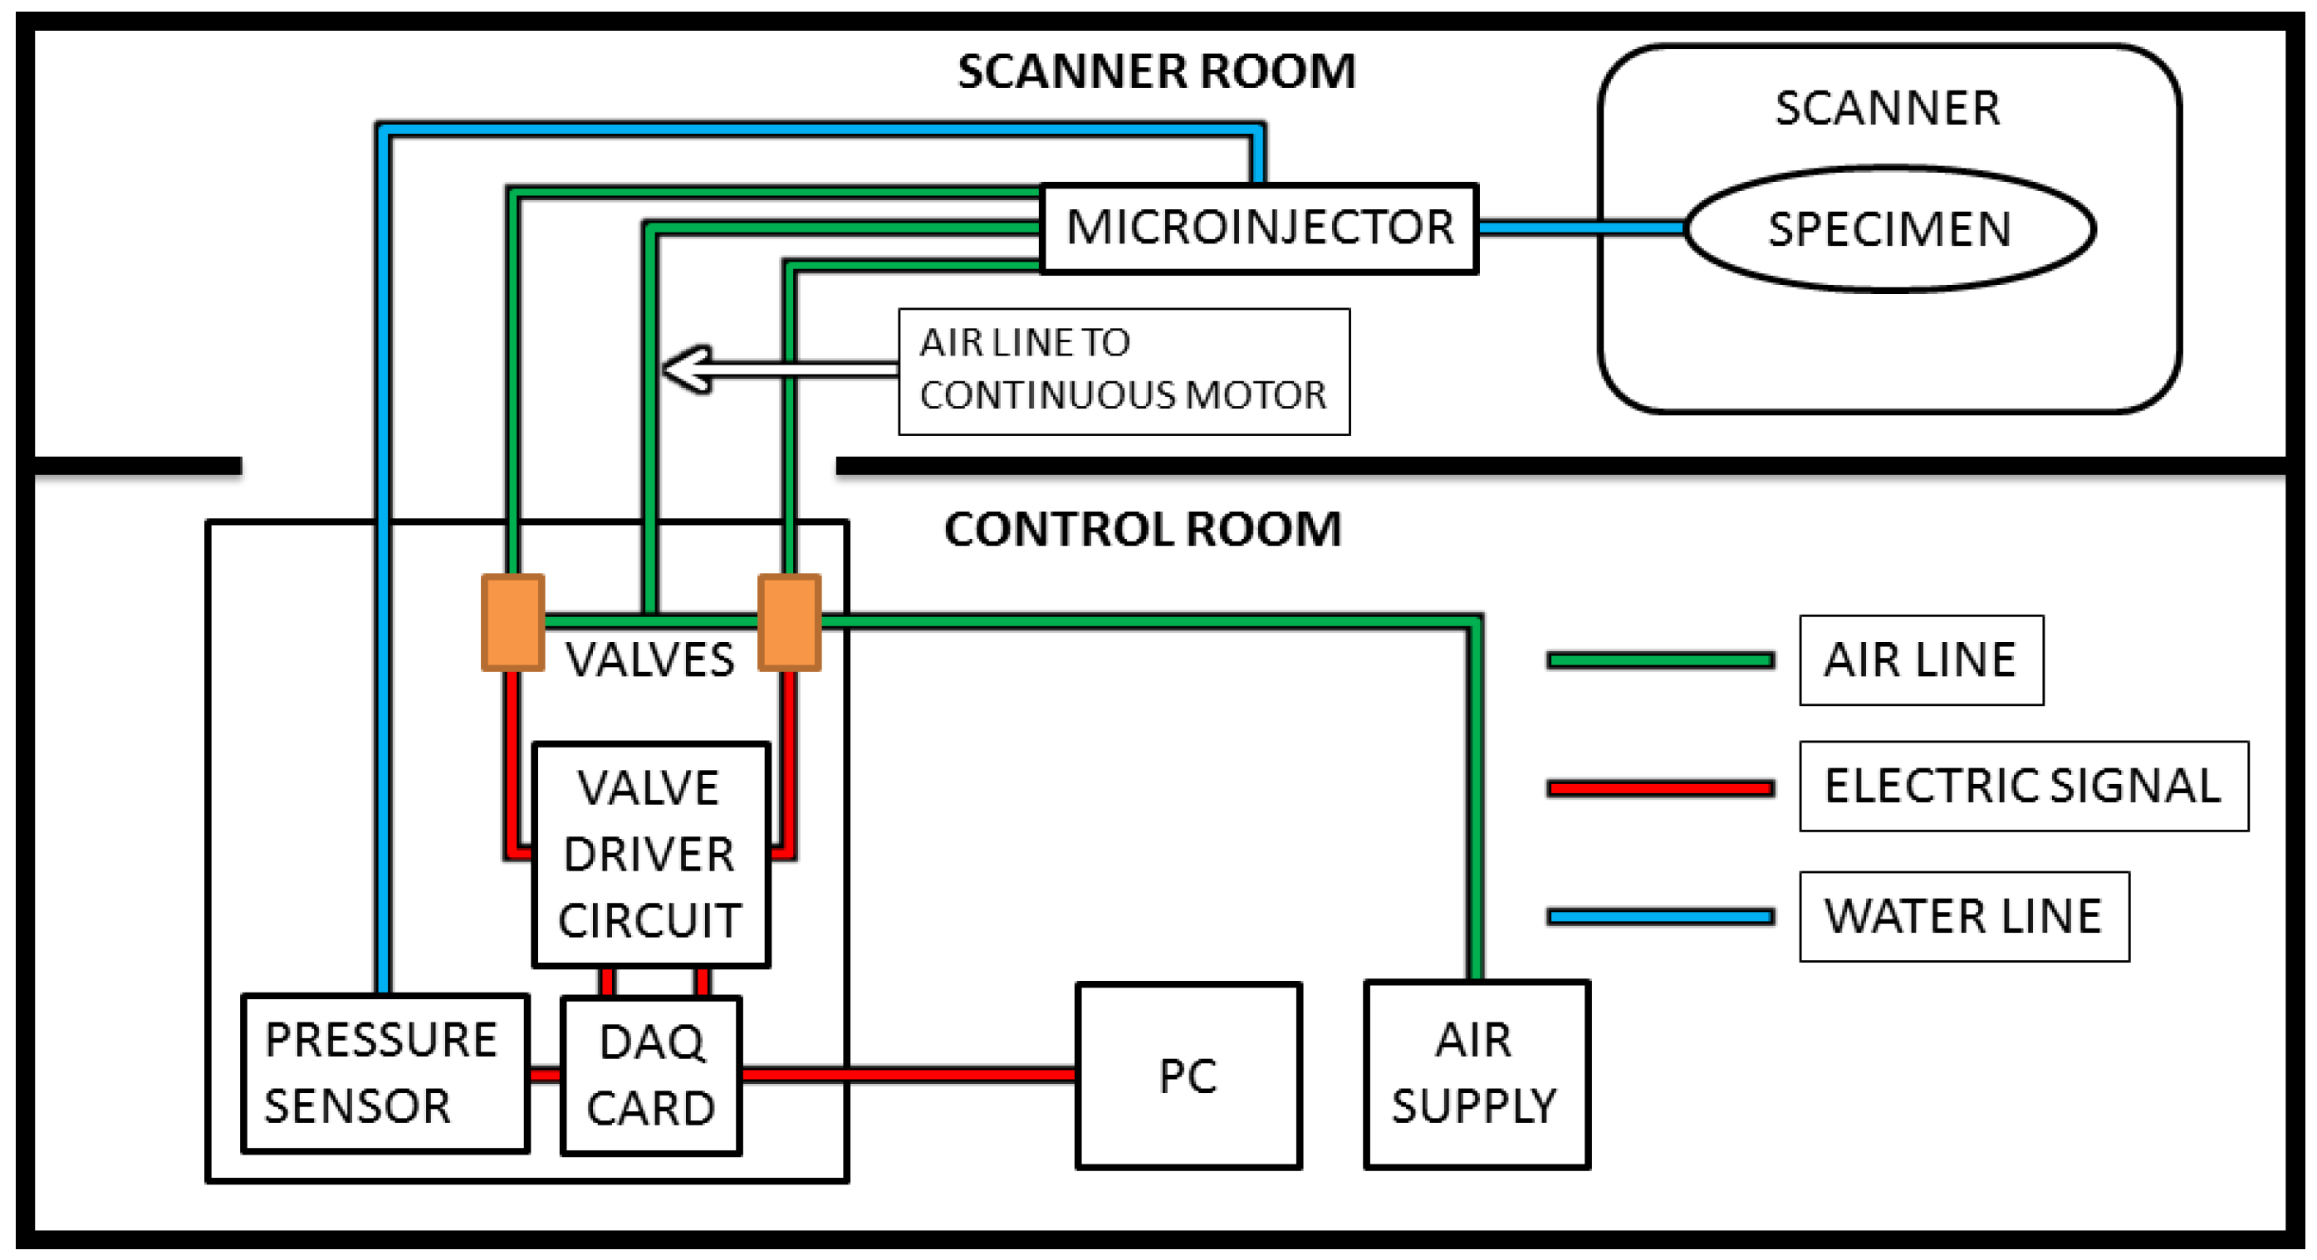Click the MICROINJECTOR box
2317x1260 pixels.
(x=1258, y=228)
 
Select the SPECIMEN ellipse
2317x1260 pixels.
(x=1890, y=228)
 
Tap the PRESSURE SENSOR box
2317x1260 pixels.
(x=385, y=1073)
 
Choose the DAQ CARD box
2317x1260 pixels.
(x=651, y=1075)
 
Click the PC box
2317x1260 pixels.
(x=1188, y=1076)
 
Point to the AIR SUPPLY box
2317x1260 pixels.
(x=1477, y=1075)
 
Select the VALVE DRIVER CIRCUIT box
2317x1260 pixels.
(x=650, y=855)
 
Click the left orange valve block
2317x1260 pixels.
(x=512, y=622)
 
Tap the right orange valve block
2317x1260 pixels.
(x=789, y=622)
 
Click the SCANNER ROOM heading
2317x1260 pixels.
(x=1156, y=72)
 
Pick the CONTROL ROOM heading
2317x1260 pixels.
(x=1143, y=529)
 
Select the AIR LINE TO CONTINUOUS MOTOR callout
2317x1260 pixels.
(x=1124, y=371)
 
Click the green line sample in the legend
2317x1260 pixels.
(x=1660, y=661)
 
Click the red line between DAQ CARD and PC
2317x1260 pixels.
(x=909, y=1075)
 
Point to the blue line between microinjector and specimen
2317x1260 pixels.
(x=1582, y=228)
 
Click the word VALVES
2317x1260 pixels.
(x=649, y=660)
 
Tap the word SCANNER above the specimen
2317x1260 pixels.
(x=1888, y=109)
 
